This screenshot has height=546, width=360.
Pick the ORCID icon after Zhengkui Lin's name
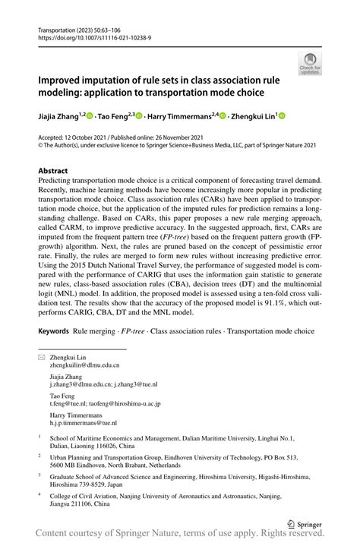[x=282, y=116]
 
